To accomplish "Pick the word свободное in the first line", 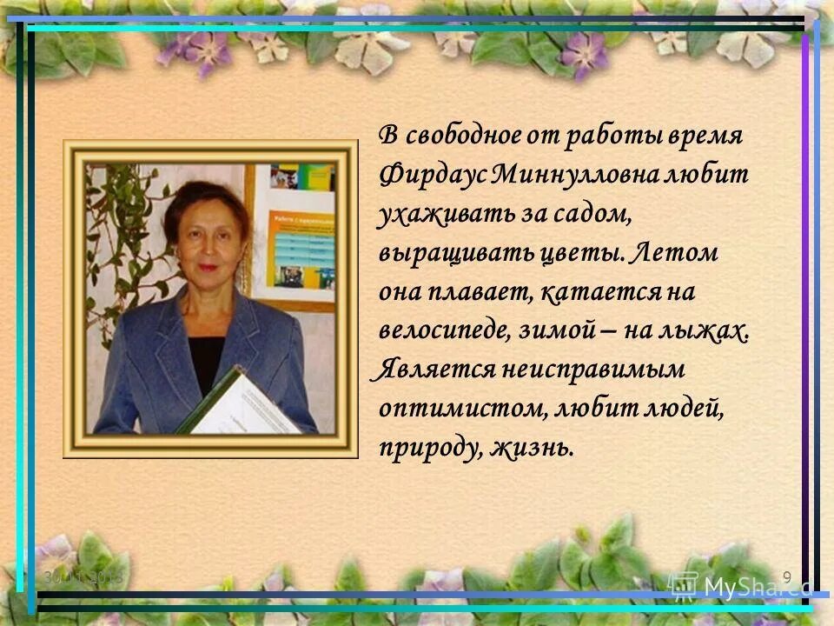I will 464,136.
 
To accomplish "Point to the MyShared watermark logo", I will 740,587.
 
